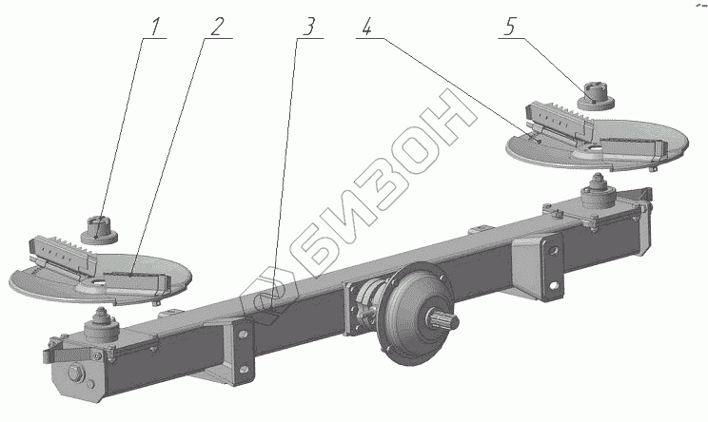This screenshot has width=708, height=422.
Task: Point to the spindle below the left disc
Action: coord(100,332)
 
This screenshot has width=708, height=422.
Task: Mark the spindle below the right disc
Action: coord(599,196)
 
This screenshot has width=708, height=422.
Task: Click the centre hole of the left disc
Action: coord(96,282)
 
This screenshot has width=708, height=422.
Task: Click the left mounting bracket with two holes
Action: coord(243,347)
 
